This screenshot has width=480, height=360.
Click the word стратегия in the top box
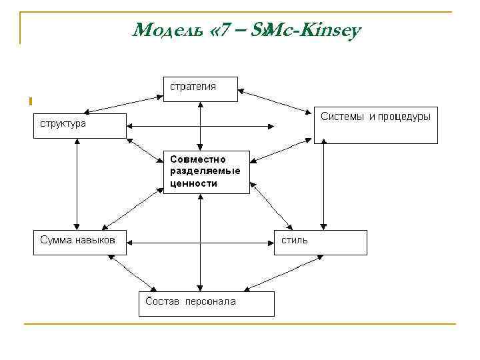193,87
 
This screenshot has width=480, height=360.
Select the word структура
61,124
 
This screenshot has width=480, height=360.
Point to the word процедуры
404,117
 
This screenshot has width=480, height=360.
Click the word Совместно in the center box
198,160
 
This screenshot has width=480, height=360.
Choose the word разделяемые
205,171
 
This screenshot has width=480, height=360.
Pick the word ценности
194,183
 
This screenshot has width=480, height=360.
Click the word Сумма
56,240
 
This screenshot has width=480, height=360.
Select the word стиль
294,240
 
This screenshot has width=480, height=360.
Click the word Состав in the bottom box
163,301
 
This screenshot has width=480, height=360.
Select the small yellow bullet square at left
31,101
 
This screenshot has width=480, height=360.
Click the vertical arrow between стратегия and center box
200,127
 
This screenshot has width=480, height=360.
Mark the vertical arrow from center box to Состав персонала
200,243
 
